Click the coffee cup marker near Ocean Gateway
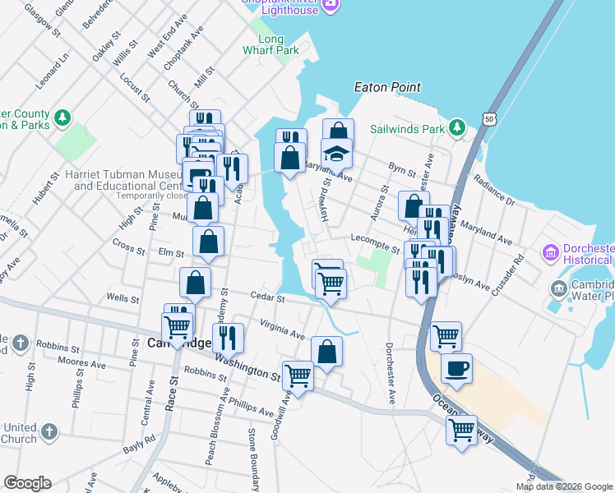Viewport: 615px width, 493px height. (x=456, y=367)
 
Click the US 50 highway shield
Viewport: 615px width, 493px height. (x=490, y=119)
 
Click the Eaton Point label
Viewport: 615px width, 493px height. (x=386, y=87)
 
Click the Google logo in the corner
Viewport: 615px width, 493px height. (x=27, y=483)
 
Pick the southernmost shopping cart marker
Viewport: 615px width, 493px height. (x=461, y=429)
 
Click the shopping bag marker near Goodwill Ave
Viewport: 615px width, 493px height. (x=326, y=351)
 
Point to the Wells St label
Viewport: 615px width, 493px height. (x=121, y=297)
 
